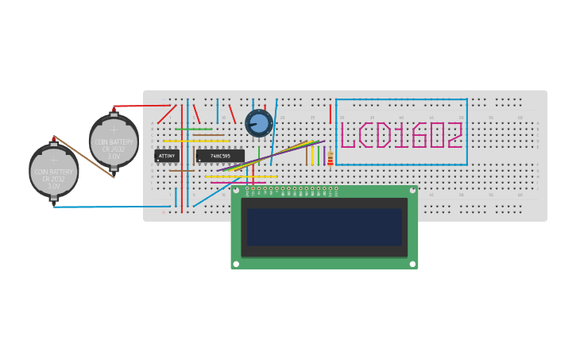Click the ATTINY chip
[167, 157]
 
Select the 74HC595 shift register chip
[220, 157]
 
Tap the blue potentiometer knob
[258, 123]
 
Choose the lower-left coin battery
[54, 171]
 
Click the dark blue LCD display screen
[324, 227]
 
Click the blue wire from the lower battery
[103, 207]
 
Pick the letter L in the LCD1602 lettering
[347, 136]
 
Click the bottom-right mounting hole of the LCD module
[412, 264]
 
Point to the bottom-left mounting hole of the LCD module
[237, 264]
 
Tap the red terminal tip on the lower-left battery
[54, 138]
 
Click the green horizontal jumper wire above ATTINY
[193, 129]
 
